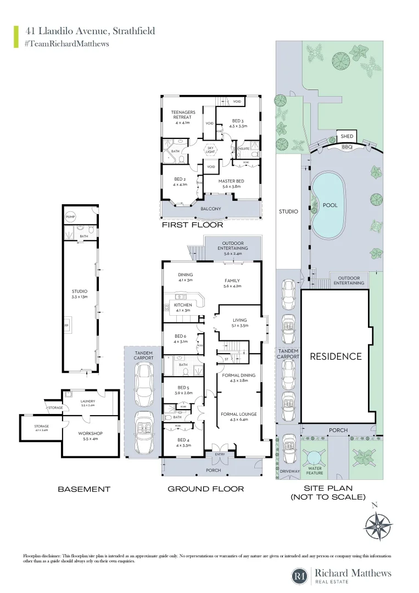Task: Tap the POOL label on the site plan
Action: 330,205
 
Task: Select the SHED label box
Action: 347,136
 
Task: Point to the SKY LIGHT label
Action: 210,150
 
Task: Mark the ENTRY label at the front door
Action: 220,455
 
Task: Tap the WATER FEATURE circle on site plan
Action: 315,457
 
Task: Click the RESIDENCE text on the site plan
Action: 336,356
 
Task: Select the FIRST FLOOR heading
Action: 192,225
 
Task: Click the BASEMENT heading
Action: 84,489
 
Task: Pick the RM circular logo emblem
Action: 300,575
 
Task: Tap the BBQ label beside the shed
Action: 347,147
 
